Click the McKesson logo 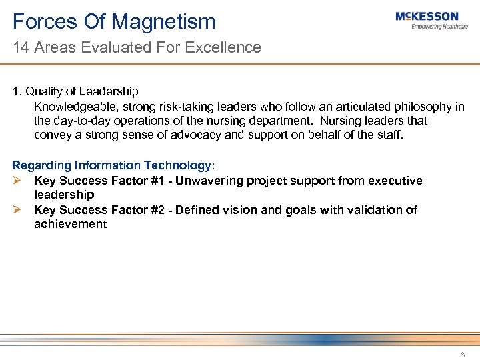(427, 17)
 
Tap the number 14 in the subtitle (21, 47)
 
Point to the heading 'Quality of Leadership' (82, 92)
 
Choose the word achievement (70, 224)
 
